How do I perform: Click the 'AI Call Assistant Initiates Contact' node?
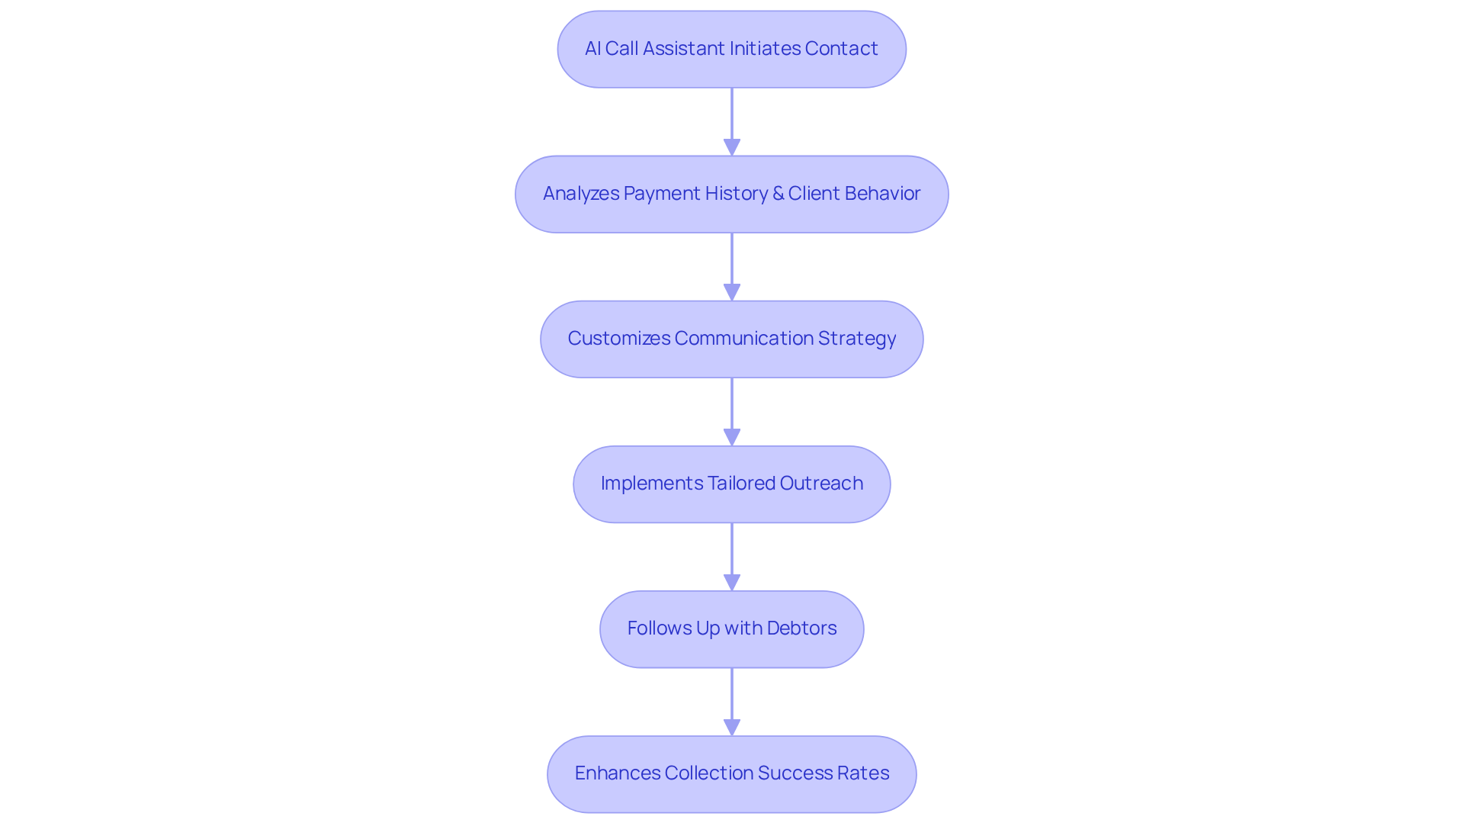pos(731,50)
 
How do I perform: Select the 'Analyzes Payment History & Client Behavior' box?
pos(731,194)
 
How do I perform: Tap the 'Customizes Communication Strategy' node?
pos(731,339)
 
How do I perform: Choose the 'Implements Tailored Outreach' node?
pos(731,484)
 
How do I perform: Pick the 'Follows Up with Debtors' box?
pos(731,629)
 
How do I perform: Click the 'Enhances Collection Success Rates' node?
pos(731,774)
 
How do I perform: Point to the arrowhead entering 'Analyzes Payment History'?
pos(732,147)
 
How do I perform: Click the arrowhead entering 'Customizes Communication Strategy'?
pos(732,292)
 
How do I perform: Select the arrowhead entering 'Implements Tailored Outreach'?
pos(732,437)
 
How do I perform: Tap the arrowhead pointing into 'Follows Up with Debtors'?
pos(732,582)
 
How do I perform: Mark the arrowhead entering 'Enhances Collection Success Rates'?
pos(732,727)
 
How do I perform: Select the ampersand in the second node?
pos(778,194)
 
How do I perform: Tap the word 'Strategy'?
pos(856,339)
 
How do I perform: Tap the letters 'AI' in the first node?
pos(592,49)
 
